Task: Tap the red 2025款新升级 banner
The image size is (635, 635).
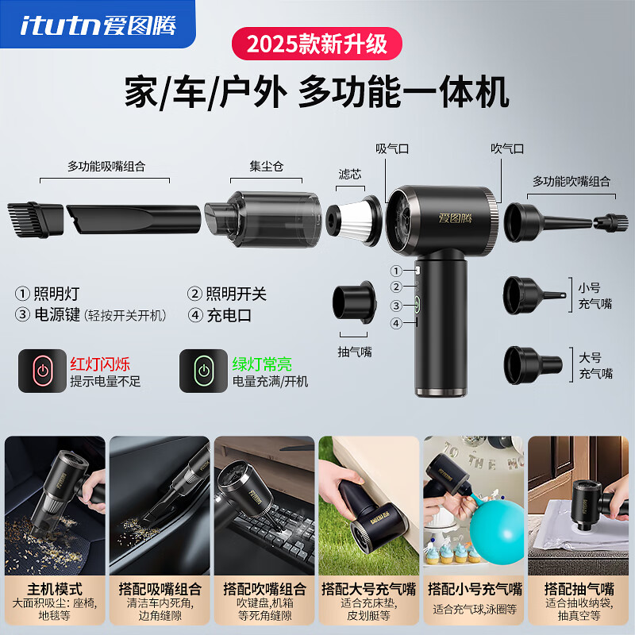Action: [317, 43]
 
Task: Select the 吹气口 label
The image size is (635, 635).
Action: [507, 148]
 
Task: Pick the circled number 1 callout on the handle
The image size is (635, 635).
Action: [396, 271]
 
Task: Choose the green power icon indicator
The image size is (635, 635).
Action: [203, 371]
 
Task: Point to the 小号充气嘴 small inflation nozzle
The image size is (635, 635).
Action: [531, 294]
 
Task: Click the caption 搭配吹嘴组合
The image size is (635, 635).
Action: [264, 589]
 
